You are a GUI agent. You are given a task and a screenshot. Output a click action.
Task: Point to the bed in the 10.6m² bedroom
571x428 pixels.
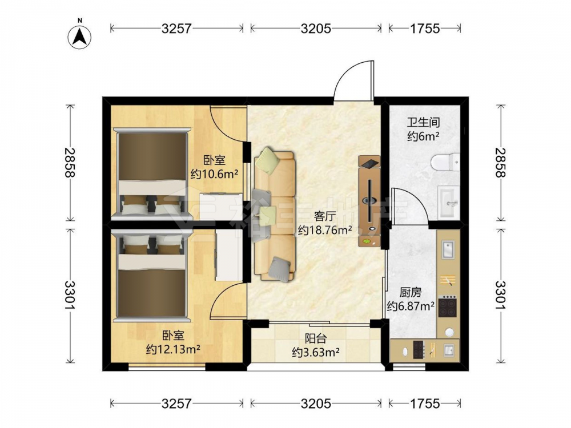(151, 174)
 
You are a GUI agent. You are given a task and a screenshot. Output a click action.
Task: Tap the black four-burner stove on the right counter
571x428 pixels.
(448, 306)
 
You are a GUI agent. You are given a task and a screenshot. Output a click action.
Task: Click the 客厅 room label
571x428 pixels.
(324, 217)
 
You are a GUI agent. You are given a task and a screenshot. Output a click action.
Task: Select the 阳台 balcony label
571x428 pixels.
(315, 339)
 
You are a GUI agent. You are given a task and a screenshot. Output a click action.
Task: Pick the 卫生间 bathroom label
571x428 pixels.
(423, 122)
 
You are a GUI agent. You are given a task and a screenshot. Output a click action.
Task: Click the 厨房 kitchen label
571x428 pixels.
(411, 292)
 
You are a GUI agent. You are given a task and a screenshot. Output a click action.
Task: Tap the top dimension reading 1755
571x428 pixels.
(425, 29)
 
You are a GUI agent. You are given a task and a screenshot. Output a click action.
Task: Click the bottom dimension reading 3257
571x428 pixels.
(176, 403)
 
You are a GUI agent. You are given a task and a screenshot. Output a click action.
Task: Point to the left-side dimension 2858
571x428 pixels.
(69, 162)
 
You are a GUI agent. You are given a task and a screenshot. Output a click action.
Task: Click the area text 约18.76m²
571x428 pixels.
(325, 230)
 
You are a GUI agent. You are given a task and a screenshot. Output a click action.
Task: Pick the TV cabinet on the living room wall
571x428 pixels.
(369, 201)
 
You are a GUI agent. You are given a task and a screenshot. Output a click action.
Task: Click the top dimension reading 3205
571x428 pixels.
(316, 29)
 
